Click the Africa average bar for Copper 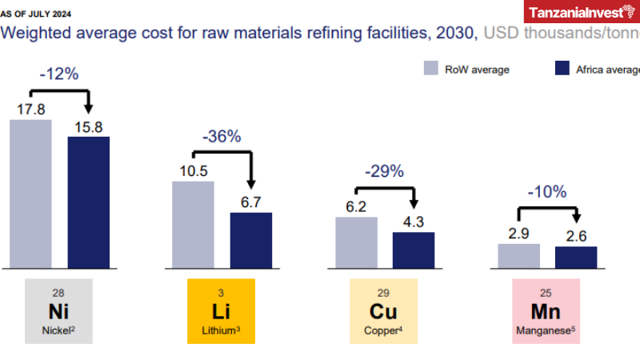[x=414, y=250]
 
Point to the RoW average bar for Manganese [x=518, y=256]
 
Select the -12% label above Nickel [x=58, y=74]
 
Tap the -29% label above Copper [x=384, y=171]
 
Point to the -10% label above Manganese [x=546, y=192]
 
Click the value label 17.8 [x=30, y=108]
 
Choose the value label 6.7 [x=251, y=202]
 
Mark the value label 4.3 [x=414, y=222]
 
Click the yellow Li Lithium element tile [x=221, y=311]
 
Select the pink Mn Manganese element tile [x=546, y=311]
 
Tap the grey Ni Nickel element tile [x=58, y=311]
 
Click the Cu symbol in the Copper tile [x=384, y=310]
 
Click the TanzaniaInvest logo [x=582, y=12]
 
